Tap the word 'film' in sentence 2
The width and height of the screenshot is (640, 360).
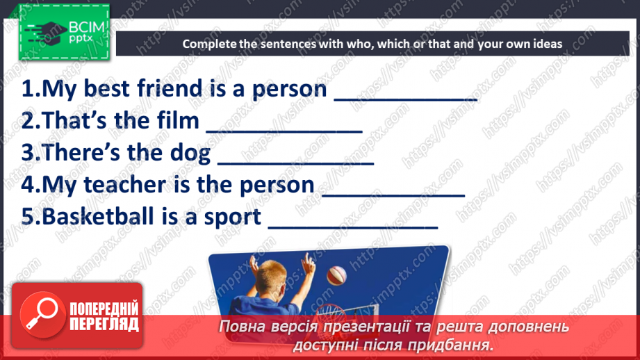(181, 120)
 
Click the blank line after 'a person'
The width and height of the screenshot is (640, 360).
(406, 99)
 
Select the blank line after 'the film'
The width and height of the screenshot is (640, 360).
(284, 131)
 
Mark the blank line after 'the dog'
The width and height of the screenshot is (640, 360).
(296, 163)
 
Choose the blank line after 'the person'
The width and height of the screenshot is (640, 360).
(393, 195)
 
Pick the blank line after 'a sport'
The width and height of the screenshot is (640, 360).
(353, 227)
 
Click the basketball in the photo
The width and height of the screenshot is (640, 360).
(337, 275)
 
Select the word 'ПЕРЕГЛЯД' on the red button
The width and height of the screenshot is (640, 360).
(104, 324)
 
